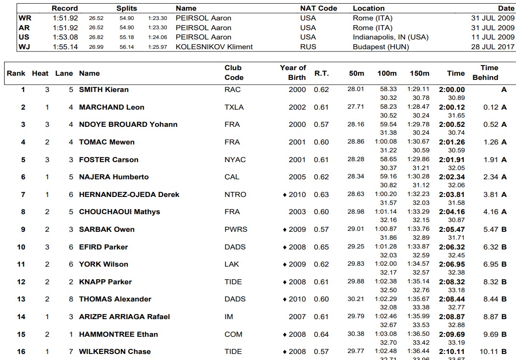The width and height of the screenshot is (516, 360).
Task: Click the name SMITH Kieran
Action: tap(104, 90)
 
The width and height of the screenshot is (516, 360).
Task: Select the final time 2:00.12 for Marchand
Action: tap(452, 107)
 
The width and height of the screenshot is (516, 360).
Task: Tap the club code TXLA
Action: tap(234, 107)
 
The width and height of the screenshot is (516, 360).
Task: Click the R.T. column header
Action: tap(321, 73)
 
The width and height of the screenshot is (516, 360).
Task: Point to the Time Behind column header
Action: tap(485, 72)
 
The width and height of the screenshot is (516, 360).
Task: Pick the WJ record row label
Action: tap(24, 46)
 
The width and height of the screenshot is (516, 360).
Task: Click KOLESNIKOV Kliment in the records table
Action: tap(214, 46)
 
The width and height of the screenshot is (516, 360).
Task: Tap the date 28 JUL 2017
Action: tap(493, 46)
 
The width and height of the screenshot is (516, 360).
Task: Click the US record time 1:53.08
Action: tap(65, 37)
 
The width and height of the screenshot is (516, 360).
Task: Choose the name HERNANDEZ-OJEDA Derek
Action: tap(129, 195)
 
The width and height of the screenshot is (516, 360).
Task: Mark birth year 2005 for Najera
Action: tap(297, 177)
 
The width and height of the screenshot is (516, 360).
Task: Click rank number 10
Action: tap(21, 247)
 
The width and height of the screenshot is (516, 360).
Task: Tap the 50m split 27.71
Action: tap(356, 107)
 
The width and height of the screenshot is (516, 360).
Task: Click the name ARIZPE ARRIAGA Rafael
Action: tap(124, 317)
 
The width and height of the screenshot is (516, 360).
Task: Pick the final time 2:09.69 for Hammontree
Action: tap(452, 334)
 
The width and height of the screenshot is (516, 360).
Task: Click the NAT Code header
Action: tap(318, 8)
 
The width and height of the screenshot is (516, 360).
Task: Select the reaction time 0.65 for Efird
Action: tap(321, 247)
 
